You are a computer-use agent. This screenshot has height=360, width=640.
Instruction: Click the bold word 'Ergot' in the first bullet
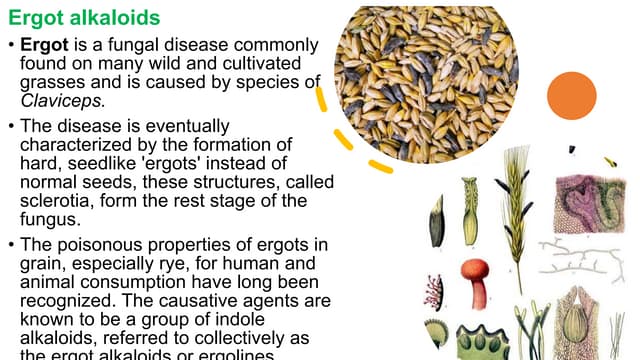[x=43, y=46]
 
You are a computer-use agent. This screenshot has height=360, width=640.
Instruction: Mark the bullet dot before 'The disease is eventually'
[x=9, y=128]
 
